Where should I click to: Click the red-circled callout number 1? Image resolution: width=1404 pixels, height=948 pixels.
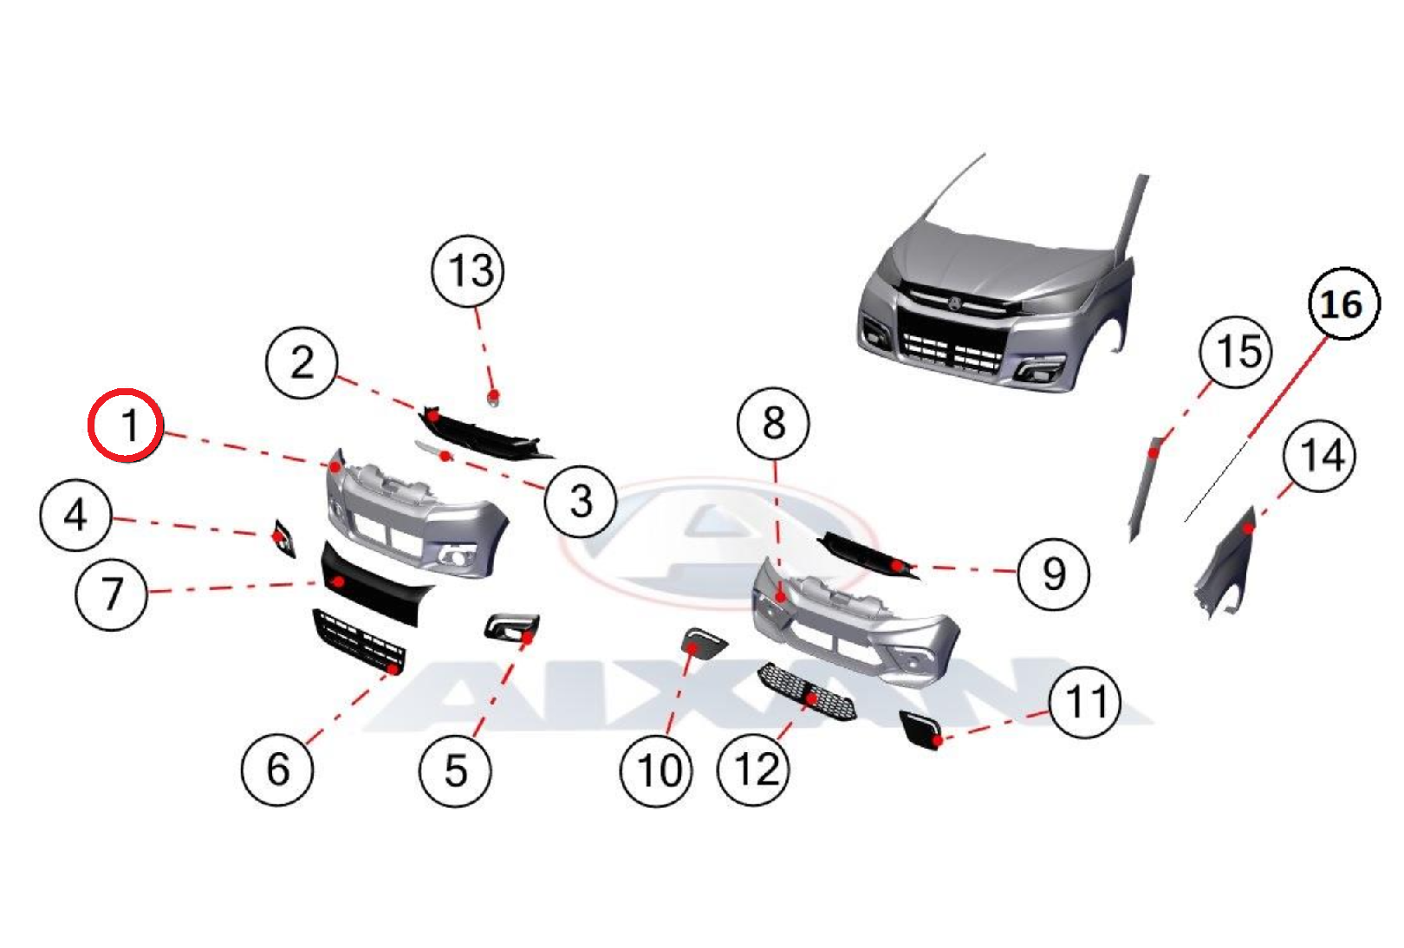(127, 425)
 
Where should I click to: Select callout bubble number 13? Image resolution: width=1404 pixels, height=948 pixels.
(469, 270)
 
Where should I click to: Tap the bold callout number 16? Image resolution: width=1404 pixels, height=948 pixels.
(1342, 304)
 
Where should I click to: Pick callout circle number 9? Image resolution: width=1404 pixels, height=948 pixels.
(1054, 573)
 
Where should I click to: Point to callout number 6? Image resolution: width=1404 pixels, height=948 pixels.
(277, 769)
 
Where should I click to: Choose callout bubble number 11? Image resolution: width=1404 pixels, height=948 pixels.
(1085, 702)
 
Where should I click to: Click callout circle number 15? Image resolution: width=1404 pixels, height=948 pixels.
(1236, 351)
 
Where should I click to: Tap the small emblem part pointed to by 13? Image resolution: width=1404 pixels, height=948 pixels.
(493, 397)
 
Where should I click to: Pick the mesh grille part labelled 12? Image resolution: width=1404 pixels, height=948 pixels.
(807, 691)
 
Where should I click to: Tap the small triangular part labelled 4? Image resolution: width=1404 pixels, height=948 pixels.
(283, 537)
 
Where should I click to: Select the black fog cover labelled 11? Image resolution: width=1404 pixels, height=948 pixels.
(920, 730)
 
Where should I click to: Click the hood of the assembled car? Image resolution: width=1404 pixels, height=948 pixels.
(997, 260)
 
